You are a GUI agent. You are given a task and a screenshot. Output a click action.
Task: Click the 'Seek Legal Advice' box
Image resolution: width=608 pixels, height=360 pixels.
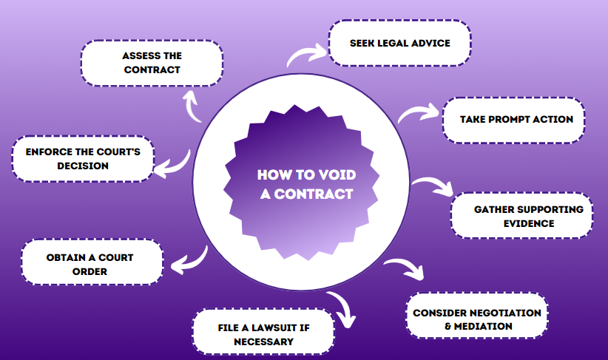(x=399, y=43)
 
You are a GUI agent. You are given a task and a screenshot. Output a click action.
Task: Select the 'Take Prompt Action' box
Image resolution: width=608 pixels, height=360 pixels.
(x=514, y=120)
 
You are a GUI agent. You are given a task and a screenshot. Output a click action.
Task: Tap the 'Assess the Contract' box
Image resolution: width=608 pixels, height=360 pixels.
(x=152, y=63)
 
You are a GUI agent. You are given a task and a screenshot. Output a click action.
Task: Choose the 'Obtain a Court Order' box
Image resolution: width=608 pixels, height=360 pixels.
(x=92, y=262)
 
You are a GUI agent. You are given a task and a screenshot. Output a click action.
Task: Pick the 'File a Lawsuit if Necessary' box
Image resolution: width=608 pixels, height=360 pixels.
(x=263, y=331)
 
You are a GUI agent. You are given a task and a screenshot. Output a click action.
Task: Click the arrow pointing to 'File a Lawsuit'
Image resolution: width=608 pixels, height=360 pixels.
(x=345, y=305)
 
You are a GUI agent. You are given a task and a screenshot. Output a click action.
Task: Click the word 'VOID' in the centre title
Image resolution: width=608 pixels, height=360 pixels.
(x=337, y=174)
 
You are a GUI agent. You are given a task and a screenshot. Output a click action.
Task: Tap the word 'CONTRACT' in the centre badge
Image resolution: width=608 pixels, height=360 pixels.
(x=314, y=194)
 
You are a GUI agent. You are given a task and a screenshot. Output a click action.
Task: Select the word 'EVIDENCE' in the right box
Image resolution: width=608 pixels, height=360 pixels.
(x=529, y=223)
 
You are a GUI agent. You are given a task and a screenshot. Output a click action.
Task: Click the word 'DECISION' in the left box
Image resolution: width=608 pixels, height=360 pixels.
(x=83, y=166)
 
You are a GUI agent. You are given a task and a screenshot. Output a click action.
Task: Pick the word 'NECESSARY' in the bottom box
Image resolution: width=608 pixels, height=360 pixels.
(x=263, y=342)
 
